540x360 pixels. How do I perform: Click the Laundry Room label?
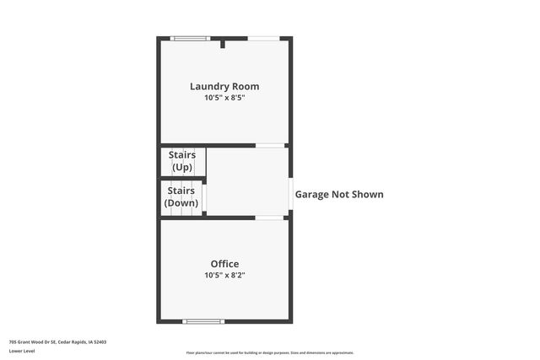(224, 86)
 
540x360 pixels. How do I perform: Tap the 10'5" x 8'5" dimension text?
(224, 98)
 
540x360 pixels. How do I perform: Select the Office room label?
(224, 264)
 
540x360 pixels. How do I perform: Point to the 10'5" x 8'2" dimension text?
(224, 275)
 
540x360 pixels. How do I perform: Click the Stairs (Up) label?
(182, 161)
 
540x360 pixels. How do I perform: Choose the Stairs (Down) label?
(181, 197)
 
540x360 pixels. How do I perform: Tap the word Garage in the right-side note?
(311, 195)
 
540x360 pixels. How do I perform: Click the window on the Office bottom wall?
(203, 321)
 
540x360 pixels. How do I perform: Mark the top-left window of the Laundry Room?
(190, 38)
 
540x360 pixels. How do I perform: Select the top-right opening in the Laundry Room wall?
(263, 38)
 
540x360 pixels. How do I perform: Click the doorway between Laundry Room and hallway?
(270, 146)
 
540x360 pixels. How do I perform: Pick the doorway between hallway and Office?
(270, 218)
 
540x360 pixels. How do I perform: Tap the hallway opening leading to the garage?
(290, 195)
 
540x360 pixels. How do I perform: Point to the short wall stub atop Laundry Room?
(222, 43)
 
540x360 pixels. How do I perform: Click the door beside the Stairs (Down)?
(204, 198)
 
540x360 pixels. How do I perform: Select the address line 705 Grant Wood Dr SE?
(57, 342)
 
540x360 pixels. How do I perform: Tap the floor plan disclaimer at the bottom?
(270, 352)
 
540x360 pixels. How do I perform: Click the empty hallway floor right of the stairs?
(247, 181)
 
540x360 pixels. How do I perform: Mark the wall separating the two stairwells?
(182, 179)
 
